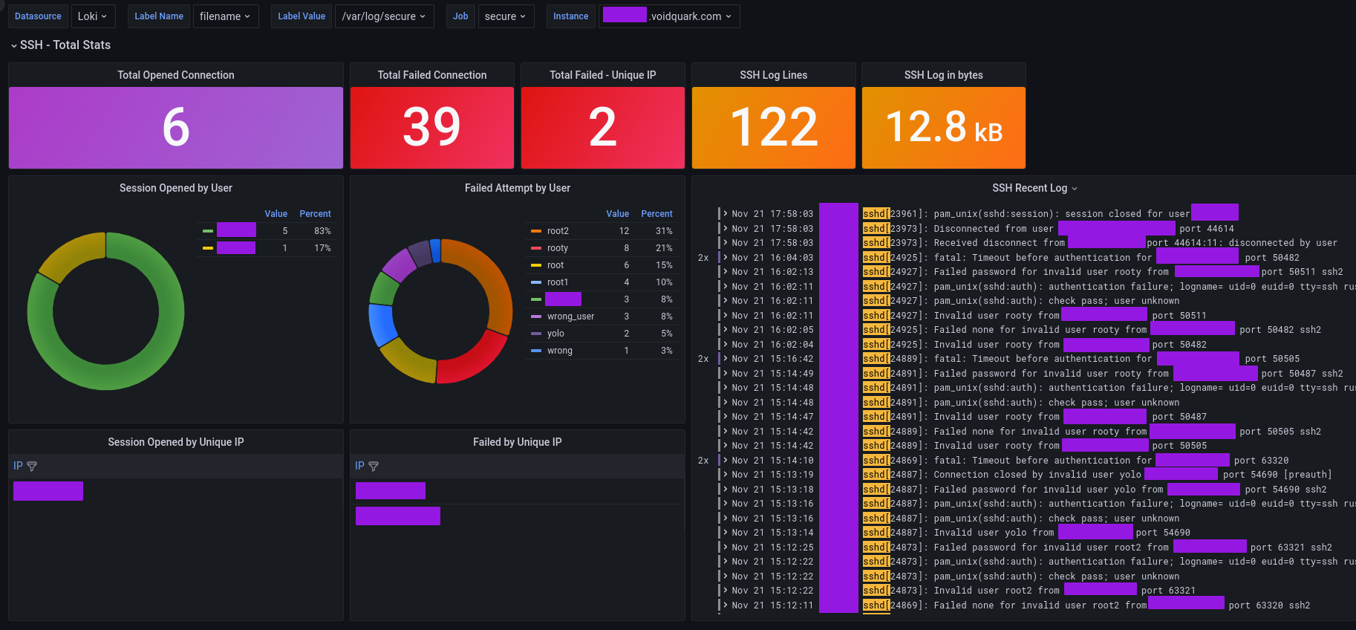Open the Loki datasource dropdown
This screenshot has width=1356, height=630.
pyautogui.click(x=93, y=16)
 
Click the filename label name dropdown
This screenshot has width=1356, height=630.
pyautogui.click(x=225, y=16)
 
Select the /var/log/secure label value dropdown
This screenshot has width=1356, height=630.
pyautogui.click(x=384, y=16)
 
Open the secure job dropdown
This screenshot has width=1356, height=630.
pyautogui.click(x=506, y=16)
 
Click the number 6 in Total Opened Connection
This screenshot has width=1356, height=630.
pyautogui.click(x=176, y=127)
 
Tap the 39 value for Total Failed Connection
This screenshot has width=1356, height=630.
pyautogui.click(x=431, y=127)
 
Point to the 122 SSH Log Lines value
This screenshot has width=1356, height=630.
pyautogui.click(x=773, y=127)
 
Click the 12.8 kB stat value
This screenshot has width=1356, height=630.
pyautogui.click(x=943, y=127)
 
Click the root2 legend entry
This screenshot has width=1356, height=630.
pyautogui.click(x=558, y=231)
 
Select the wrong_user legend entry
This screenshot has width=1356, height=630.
pyautogui.click(x=570, y=316)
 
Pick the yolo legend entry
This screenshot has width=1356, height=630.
pyautogui.click(x=555, y=334)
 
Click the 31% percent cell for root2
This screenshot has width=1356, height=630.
pyautogui.click(x=664, y=231)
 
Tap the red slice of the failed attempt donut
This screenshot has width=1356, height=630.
pyautogui.click(x=475, y=360)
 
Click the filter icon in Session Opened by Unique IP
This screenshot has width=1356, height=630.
pyautogui.click(x=32, y=467)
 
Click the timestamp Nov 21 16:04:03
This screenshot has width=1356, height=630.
pyautogui.click(x=772, y=258)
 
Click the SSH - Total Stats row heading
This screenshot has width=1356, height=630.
pyautogui.click(x=65, y=45)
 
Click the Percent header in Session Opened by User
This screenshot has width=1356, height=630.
pyautogui.click(x=315, y=214)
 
